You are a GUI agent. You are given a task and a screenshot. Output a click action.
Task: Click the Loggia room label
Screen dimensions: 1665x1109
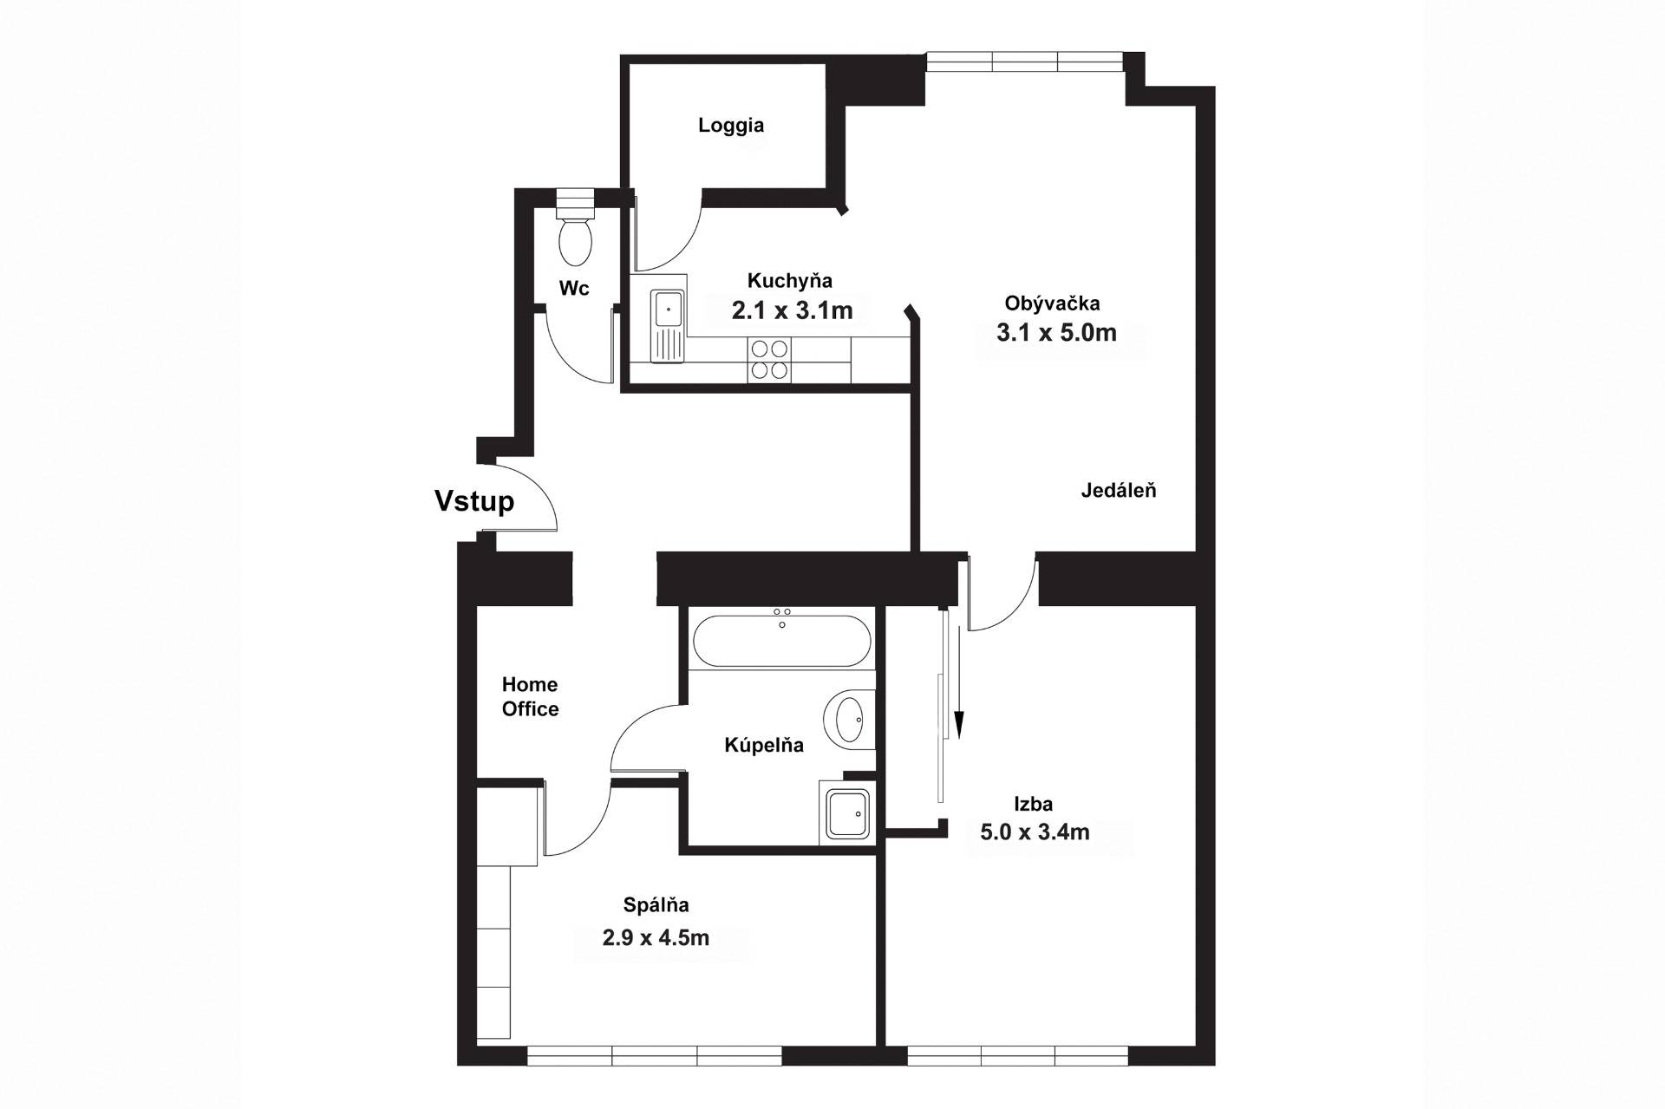click(x=731, y=126)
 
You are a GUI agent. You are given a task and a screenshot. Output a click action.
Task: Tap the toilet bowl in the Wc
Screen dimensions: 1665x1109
click(x=575, y=241)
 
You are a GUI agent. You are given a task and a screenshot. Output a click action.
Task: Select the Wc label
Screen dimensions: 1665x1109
click(x=574, y=288)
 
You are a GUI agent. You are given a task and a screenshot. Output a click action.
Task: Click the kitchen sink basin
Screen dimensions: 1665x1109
click(x=669, y=309)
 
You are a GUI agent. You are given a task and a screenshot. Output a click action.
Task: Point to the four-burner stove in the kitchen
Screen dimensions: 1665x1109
click(x=769, y=359)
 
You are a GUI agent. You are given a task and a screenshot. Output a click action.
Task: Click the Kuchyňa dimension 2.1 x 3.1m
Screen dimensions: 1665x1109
click(x=792, y=310)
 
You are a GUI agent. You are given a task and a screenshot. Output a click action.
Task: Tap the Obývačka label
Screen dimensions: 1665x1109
click(x=1052, y=303)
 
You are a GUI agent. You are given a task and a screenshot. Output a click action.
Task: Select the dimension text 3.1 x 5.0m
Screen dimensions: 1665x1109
click(x=1056, y=332)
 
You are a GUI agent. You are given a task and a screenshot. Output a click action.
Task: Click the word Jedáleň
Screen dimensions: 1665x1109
click(x=1119, y=491)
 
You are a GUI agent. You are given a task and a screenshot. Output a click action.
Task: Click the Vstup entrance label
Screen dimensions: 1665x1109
click(x=474, y=501)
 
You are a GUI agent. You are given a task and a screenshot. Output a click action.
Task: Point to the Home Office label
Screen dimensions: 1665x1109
click(x=531, y=697)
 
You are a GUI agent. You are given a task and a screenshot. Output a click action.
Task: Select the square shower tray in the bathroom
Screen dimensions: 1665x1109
click(x=847, y=814)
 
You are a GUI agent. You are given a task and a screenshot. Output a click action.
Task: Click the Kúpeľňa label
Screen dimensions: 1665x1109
click(x=764, y=745)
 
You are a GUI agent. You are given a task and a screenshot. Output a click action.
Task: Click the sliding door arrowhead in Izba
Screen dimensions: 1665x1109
click(x=959, y=723)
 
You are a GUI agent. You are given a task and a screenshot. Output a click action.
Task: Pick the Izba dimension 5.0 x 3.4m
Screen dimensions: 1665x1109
click(x=1035, y=832)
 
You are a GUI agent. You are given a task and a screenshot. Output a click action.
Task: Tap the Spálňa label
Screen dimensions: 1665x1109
click(x=656, y=905)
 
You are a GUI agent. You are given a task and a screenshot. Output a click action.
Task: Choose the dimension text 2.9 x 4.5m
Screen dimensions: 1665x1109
click(x=656, y=937)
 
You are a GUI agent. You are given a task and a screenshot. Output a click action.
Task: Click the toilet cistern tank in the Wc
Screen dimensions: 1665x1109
click(x=574, y=204)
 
